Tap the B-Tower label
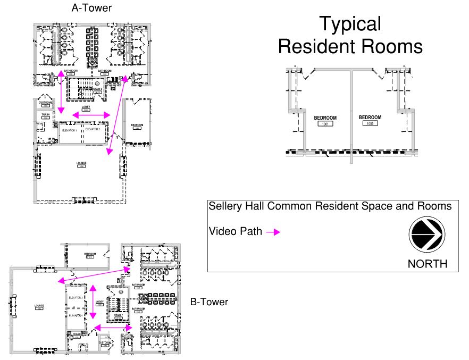(209, 302)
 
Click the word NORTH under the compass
(427, 264)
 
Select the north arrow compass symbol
(427, 235)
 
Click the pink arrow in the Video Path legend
(273, 232)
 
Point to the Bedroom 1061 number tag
(325, 123)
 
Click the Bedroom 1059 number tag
(370, 123)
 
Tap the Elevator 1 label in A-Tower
(70, 130)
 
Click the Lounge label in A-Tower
(81, 163)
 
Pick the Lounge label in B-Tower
(39, 305)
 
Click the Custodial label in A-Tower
(46, 102)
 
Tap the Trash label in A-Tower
(45, 114)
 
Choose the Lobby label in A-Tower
(86, 107)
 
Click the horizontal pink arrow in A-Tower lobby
(91, 115)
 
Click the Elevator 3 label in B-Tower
(76, 298)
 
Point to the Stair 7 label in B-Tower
(118, 315)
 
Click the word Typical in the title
(350, 24)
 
